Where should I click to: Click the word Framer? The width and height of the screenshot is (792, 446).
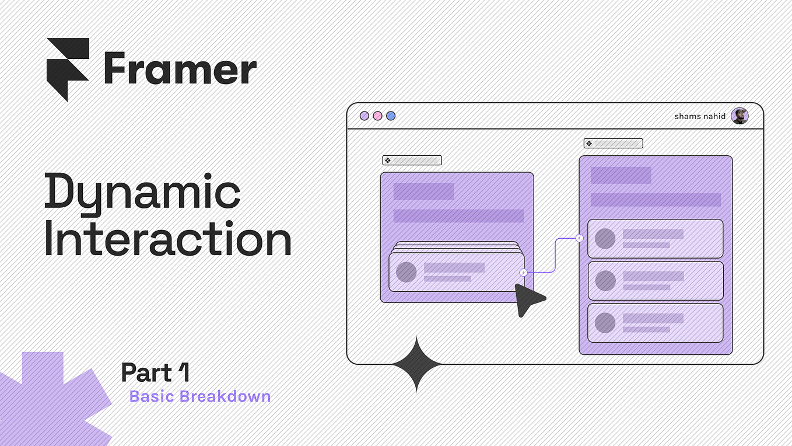click(180, 69)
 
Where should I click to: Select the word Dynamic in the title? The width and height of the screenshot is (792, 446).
click(143, 192)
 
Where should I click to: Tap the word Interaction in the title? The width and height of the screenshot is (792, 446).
click(168, 240)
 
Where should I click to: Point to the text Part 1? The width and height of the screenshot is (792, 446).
click(155, 372)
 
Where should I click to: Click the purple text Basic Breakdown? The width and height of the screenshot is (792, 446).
click(200, 396)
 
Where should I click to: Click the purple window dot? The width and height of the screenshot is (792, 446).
click(365, 116)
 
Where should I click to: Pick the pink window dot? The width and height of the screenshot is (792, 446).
click(377, 116)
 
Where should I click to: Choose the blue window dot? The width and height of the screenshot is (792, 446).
click(391, 116)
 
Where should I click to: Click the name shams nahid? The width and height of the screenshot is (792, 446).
click(700, 116)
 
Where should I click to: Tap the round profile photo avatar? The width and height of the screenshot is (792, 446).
click(740, 116)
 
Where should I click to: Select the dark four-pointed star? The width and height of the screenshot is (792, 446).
click(416, 364)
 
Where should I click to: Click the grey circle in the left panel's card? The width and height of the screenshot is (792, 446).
click(406, 272)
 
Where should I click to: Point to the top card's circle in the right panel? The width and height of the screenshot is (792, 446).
click(605, 238)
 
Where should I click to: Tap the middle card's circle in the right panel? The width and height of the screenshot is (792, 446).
click(605, 281)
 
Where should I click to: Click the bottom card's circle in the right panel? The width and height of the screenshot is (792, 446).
click(605, 323)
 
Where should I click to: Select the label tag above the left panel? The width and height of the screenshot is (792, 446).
click(412, 160)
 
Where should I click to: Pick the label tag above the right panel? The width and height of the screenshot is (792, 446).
click(613, 143)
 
